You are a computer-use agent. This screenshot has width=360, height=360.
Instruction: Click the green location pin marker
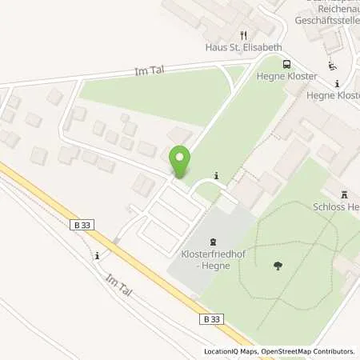180,162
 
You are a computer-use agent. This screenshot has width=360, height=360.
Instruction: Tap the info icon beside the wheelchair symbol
338,83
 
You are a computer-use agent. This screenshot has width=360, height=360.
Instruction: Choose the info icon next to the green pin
216,175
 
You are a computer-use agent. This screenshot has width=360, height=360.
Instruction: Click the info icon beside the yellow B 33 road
97,256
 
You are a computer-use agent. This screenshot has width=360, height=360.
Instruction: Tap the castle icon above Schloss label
346,194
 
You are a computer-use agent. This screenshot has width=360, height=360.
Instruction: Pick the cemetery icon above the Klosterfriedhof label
213,241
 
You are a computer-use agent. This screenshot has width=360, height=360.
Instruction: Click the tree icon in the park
278,266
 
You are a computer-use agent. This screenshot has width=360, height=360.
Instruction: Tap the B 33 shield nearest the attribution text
210,318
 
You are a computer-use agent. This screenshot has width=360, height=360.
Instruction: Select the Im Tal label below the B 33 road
118,286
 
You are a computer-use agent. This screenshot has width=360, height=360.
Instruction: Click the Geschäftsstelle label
326,18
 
